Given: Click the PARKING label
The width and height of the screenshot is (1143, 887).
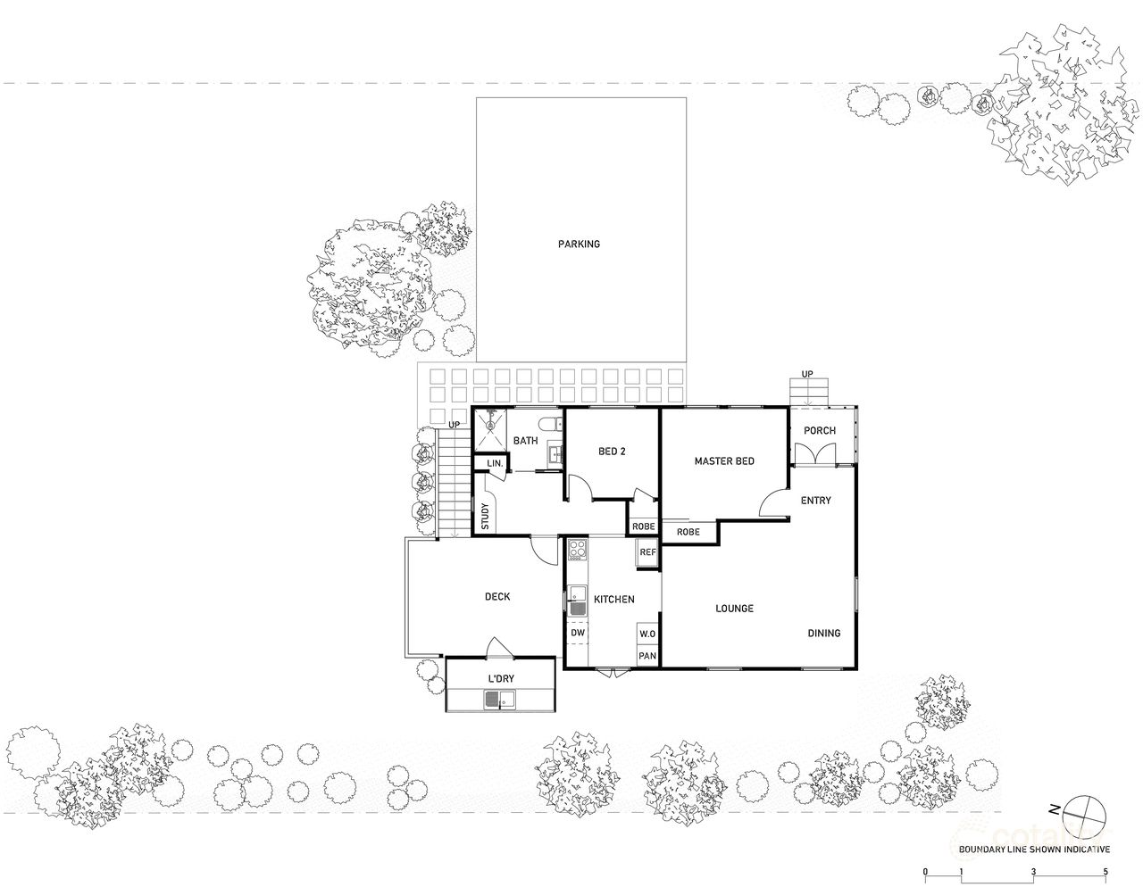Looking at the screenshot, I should click(x=579, y=244).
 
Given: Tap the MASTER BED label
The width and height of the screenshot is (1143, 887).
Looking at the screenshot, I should click(x=724, y=461).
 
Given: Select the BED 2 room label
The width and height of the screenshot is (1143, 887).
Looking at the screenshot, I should click(x=612, y=452).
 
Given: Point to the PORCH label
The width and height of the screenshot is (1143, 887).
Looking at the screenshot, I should click(x=819, y=431).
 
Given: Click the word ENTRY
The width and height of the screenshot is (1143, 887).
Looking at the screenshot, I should click(x=815, y=501).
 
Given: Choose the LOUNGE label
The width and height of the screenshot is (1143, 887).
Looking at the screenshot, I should click(x=734, y=609).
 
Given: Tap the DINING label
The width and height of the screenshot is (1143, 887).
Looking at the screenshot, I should click(x=823, y=634).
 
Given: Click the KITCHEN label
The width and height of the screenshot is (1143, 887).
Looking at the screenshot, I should click(x=614, y=600).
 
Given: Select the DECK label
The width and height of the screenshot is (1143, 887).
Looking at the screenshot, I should click(x=496, y=597).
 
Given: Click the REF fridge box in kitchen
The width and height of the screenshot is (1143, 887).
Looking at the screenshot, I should click(x=647, y=553).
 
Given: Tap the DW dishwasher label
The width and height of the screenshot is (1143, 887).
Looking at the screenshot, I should click(x=577, y=633).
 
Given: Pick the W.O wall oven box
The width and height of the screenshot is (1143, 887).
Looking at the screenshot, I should click(x=647, y=634).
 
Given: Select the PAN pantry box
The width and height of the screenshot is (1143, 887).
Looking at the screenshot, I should click(x=647, y=656).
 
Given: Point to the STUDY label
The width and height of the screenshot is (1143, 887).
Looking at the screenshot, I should click(x=484, y=518).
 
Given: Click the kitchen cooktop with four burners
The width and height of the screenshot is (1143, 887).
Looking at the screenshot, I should click(x=578, y=551).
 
